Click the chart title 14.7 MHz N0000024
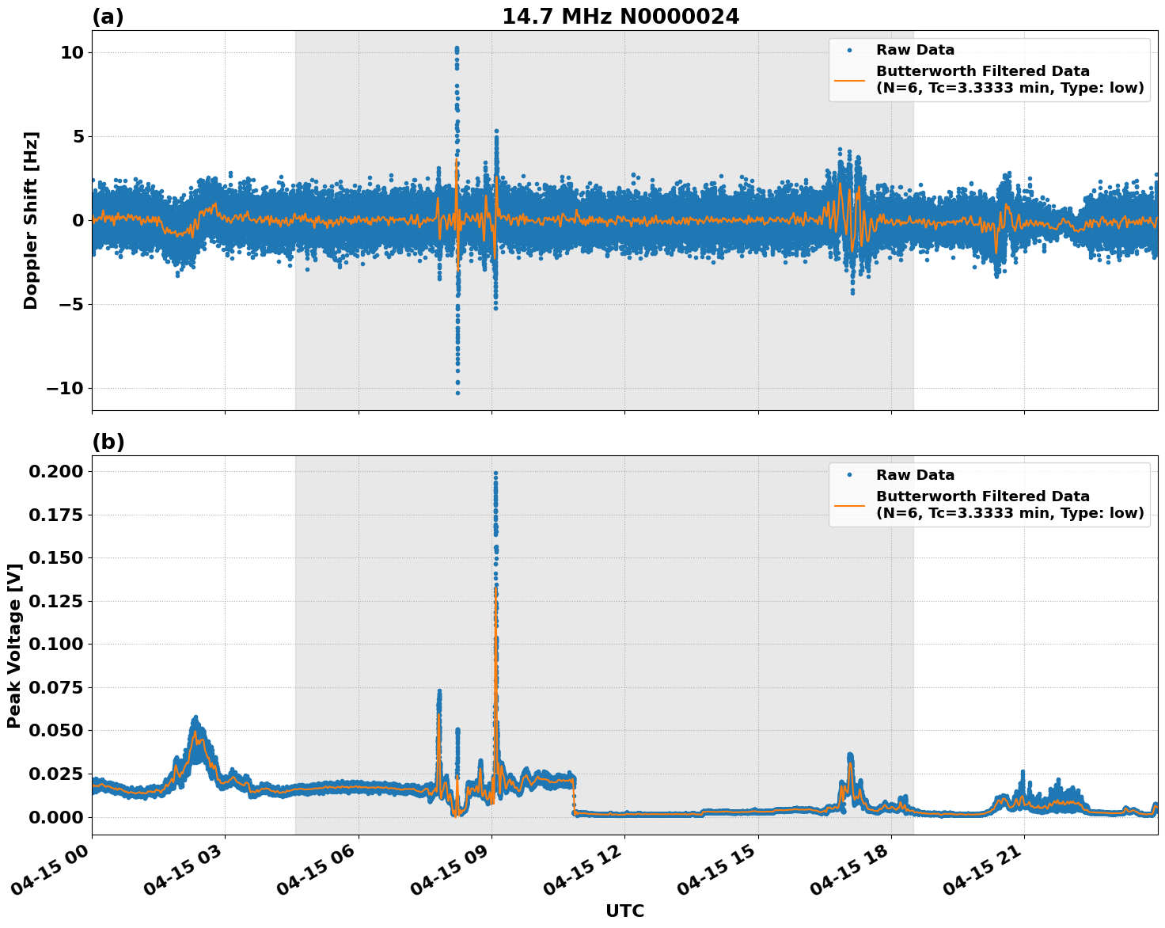point(620,17)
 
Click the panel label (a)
point(108,17)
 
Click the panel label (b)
point(108,442)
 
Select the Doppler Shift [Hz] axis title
point(31,220)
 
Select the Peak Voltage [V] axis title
point(13,645)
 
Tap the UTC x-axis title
point(624,911)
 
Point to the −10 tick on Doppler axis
point(64,388)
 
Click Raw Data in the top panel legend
point(915,50)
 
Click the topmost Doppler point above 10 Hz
point(457,48)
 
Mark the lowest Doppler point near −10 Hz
point(457,393)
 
